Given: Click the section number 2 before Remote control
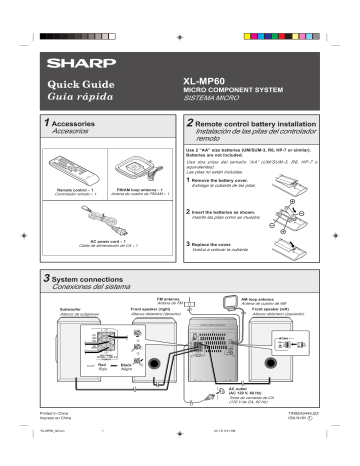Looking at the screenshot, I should (192, 121).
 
